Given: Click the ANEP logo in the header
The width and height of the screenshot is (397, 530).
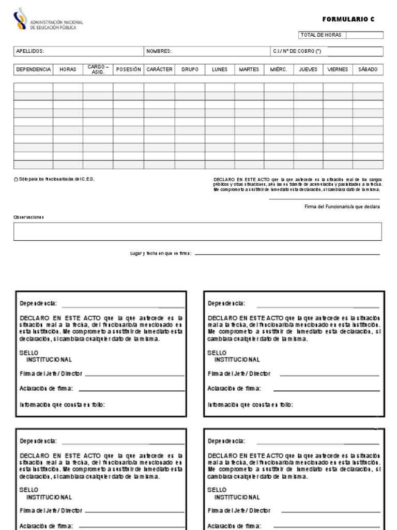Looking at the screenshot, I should pyautogui.click(x=21, y=19).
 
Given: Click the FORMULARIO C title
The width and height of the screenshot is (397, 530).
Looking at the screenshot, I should pyautogui.click(x=348, y=19).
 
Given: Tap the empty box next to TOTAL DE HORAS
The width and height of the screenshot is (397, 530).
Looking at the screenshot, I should pyautogui.click(x=364, y=35).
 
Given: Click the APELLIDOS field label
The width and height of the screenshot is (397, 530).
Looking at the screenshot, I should pyautogui.click(x=30, y=51).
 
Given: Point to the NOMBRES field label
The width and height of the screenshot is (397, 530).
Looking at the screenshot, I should pyautogui.click(x=159, y=51).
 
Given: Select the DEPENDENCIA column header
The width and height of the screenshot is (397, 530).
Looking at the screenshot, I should pyautogui.click(x=34, y=69).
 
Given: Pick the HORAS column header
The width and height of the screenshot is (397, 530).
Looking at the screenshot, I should pyautogui.click(x=68, y=69).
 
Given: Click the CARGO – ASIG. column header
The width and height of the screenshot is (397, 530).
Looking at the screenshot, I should pyautogui.click(x=98, y=69).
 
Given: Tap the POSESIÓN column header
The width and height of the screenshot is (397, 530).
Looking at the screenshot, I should pyautogui.click(x=128, y=69).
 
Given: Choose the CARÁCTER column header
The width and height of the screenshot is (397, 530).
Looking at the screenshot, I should pyautogui.click(x=159, y=69).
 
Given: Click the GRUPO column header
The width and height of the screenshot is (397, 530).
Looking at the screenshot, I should pyautogui.click(x=190, y=69).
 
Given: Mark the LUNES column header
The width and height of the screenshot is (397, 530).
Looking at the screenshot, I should pyautogui.click(x=220, y=69).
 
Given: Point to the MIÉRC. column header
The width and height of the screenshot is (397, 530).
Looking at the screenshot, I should pyautogui.click(x=279, y=69).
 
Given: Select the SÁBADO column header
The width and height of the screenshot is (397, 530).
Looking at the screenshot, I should pyautogui.click(x=368, y=69).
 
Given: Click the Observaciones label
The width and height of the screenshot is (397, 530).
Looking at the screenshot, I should pyautogui.click(x=28, y=217).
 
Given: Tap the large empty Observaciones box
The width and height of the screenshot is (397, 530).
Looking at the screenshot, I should pyautogui.click(x=197, y=231).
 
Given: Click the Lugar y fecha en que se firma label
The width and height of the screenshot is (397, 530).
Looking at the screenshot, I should pyautogui.click(x=161, y=254).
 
